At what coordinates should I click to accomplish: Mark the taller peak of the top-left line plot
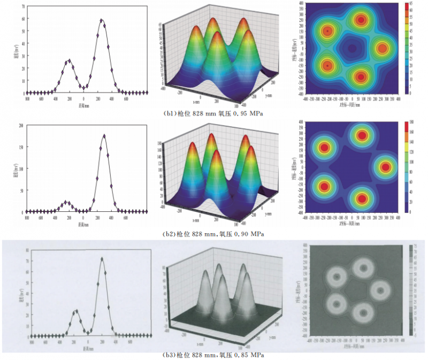tap(102, 20)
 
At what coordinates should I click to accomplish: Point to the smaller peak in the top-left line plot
tap(68, 60)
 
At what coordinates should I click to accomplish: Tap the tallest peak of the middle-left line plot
tap(104, 135)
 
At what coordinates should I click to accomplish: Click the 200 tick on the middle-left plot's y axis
tap(21, 126)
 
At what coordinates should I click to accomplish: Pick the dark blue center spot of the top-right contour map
tap(351, 49)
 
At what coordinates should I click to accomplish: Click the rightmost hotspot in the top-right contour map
tap(382, 48)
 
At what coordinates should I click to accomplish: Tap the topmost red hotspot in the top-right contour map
tap(361, 20)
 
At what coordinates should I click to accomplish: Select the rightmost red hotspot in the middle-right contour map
tap(385, 167)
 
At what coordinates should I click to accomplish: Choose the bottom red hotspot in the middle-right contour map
tap(362, 198)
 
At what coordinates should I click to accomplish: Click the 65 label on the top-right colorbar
tap(410, 3)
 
